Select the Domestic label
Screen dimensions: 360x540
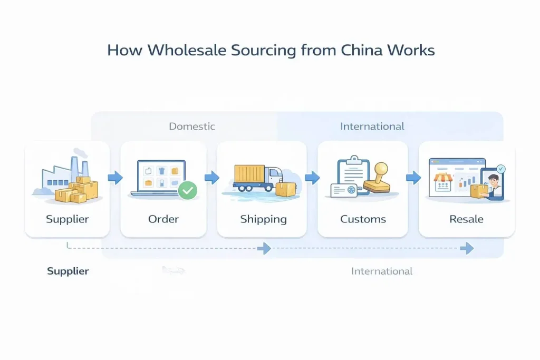(192, 127)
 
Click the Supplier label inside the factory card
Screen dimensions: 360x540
(67, 219)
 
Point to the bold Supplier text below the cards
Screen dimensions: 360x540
(68, 271)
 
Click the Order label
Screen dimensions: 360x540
(163, 219)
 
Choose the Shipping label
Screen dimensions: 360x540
(263, 219)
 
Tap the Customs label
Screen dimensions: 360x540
(363, 219)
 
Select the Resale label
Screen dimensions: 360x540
(466, 219)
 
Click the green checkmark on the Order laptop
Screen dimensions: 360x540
(187, 190)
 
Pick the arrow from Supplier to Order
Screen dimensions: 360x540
(115, 178)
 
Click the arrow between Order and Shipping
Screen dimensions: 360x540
(211, 178)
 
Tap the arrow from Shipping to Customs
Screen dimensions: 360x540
(312, 178)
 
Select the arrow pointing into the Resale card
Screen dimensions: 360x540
(413, 178)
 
